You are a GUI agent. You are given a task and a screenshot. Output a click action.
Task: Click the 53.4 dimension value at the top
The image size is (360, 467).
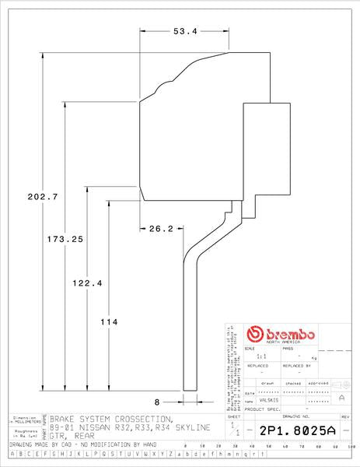point(183,31)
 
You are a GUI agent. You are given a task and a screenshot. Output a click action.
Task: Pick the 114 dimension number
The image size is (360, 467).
point(109,321)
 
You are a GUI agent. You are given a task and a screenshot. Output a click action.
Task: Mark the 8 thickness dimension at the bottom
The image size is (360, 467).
point(157,402)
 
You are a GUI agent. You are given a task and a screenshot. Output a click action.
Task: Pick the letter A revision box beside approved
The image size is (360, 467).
point(341,397)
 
